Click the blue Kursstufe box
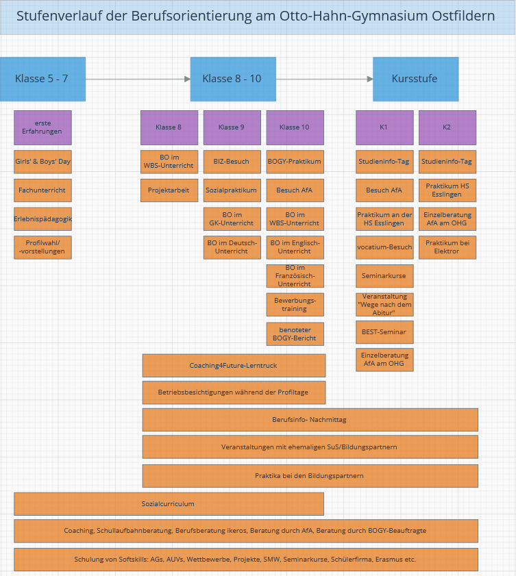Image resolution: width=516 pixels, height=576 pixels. tap(415, 79)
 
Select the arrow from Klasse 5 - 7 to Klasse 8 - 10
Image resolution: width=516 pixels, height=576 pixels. tap(138, 79)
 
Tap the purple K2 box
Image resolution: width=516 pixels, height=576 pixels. tap(447, 127)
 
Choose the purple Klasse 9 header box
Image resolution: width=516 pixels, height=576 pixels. tap(232, 127)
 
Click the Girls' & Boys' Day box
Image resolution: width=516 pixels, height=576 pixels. tap(42, 162)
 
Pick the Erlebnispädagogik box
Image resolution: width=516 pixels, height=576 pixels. tap(42, 219)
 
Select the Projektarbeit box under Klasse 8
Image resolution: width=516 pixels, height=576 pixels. tap(169, 190)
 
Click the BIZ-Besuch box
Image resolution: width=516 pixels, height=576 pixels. tap(232, 162)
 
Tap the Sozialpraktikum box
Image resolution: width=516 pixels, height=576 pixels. tap(232, 190)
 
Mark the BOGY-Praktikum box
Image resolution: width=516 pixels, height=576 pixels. tap(295, 162)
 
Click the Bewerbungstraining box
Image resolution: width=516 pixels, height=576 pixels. tap(295, 304)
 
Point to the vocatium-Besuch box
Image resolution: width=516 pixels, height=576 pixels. tap(384, 247)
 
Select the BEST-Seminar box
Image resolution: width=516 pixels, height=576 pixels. tap(384, 332)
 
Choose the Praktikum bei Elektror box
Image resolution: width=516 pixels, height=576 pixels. tap(447, 247)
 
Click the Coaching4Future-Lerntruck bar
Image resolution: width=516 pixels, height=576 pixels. tap(234, 366)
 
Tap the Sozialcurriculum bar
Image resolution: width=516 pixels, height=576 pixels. tap(169, 503)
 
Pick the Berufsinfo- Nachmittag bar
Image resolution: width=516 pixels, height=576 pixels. tap(310, 420)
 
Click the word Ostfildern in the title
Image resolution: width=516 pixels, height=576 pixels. tap(463, 16)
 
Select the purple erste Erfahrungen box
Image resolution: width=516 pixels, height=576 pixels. tap(42, 127)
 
